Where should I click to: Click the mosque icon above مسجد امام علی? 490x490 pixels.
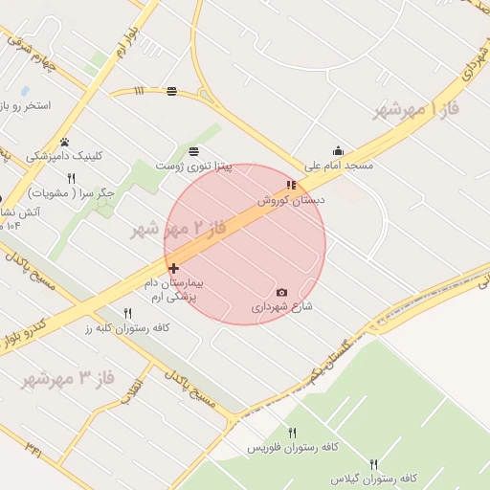[x=338, y=150]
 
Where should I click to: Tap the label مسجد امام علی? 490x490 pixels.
[x=339, y=166]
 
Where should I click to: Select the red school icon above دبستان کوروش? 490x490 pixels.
[x=291, y=185]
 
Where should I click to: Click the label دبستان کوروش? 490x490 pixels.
[x=291, y=200]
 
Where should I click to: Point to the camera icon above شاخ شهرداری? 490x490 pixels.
[x=281, y=292]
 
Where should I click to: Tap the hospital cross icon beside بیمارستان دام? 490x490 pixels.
[x=173, y=269]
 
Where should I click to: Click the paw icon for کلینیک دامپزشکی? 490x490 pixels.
[x=65, y=142]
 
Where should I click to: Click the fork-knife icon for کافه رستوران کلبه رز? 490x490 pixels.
[x=127, y=313]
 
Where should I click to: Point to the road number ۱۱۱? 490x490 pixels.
[x=139, y=91]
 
